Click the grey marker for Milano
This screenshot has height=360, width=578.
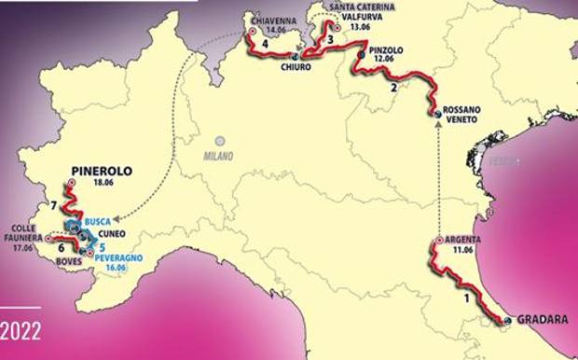[x=221, y=140]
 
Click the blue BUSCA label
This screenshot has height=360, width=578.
[x=97, y=221]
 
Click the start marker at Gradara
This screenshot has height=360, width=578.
[x=507, y=321]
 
